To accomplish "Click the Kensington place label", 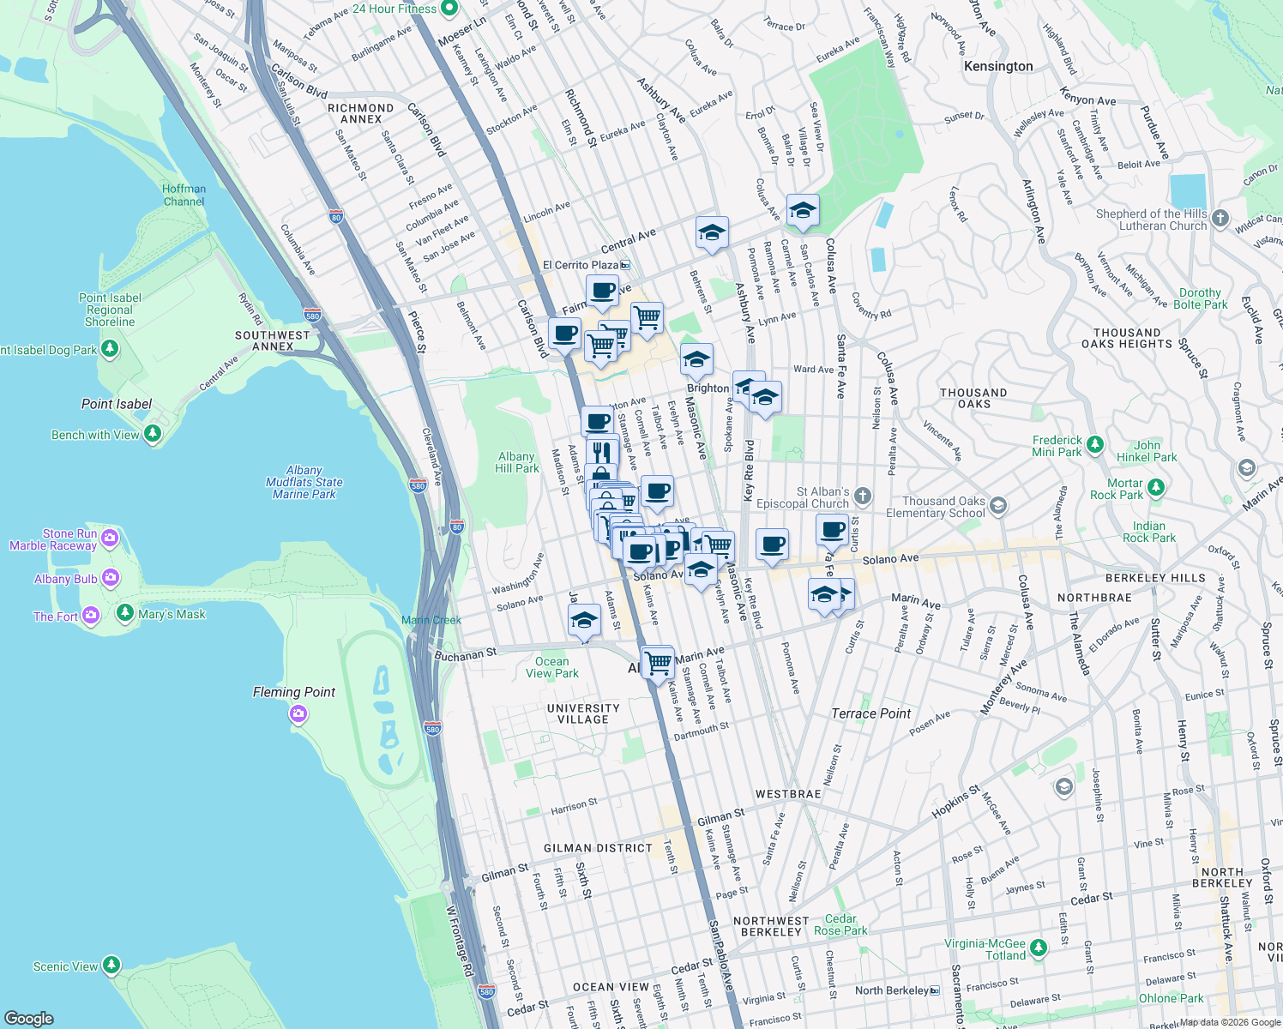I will pos(997,66).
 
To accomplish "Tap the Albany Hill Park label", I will pos(517,462).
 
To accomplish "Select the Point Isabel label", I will pos(117,404).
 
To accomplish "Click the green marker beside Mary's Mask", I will pos(124,612).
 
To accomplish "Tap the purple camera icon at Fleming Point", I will pos(298,713).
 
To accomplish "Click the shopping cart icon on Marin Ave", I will pos(658,662).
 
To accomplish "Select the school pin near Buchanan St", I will pos(584,620).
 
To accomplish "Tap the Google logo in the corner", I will pos(28,1018).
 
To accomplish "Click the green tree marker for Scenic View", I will pos(111,966).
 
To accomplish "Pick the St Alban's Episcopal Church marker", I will pos(863,496).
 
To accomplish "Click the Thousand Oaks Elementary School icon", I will pos(997,506).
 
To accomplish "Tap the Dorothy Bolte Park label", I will pos(1200,298).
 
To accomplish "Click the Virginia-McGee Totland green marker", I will pos(1039,948).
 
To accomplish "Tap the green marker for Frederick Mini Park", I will pos(1094,444).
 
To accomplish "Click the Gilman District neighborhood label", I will pos(598,848).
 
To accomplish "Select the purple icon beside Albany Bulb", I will pos(111,578).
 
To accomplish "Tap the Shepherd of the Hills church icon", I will pos(1220,218).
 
